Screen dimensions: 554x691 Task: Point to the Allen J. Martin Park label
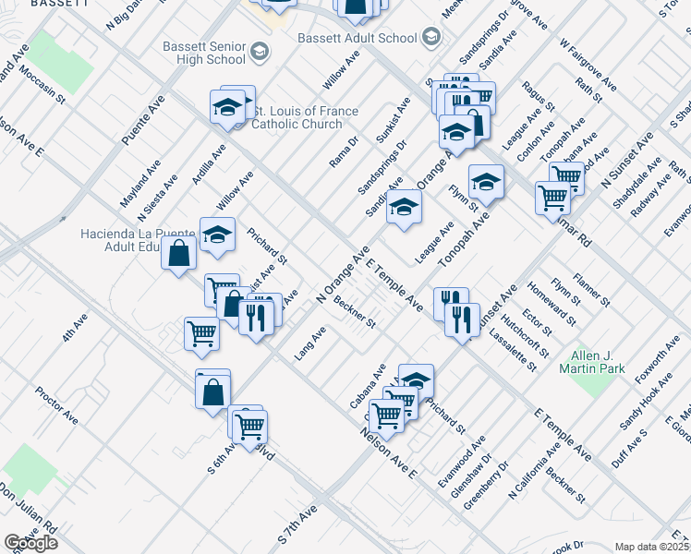(x=592, y=362)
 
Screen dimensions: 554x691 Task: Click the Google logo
(x=30, y=543)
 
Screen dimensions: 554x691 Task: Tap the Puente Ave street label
(x=143, y=119)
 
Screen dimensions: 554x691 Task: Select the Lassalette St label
(x=514, y=351)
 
